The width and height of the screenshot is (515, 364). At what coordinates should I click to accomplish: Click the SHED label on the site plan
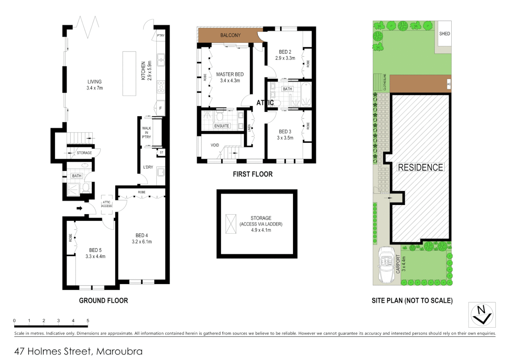point(444,34)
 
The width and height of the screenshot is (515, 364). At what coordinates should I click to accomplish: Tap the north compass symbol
point(482,314)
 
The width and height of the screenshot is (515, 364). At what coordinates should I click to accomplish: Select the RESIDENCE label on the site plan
point(420,168)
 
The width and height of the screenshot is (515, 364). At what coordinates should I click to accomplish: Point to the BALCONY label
point(230,35)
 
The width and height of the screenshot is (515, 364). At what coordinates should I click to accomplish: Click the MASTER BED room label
point(230,74)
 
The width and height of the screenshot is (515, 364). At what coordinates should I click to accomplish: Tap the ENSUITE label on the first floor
point(221,126)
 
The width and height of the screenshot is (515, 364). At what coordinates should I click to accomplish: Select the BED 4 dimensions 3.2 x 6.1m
point(142,242)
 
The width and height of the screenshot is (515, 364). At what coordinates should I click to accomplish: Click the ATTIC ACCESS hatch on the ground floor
point(107,204)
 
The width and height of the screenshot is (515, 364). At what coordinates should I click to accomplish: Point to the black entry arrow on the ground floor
point(79,208)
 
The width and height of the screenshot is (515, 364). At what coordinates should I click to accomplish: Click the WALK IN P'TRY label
point(146,132)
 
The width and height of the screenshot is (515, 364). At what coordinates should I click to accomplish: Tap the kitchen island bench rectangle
point(129,73)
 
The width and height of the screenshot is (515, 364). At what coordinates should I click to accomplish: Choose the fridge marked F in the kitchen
point(160,109)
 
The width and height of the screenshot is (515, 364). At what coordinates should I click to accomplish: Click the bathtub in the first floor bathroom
point(306,94)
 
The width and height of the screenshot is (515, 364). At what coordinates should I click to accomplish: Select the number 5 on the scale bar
point(88,321)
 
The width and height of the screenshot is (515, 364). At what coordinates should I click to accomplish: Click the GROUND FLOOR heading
point(103,301)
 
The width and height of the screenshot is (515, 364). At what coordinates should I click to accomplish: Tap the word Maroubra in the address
point(119,352)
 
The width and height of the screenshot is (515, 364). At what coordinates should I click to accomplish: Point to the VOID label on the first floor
point(215,145)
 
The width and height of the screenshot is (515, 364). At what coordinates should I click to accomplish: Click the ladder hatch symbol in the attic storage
point(231,224)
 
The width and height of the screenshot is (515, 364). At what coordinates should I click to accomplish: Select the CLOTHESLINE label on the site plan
point(385,82)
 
